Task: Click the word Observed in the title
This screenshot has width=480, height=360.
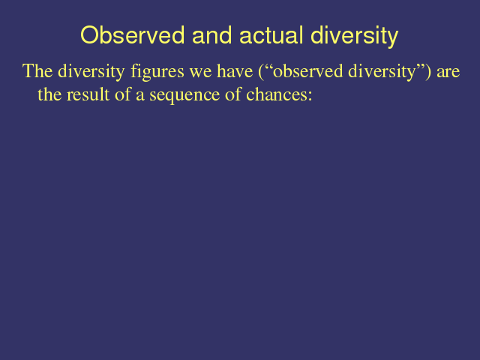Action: point(133,35)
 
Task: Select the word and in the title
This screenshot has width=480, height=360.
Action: point(211,35)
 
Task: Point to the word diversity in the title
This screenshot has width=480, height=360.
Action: point(355,37)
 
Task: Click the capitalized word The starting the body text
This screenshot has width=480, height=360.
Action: point(37,71)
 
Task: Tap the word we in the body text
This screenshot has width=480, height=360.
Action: point(200,73)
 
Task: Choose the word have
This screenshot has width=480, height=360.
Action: point(235,71)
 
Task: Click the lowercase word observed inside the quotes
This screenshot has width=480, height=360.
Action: point(307,71)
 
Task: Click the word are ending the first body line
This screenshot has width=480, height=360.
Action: point(448,73)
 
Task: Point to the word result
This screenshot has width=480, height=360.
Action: point(88,94)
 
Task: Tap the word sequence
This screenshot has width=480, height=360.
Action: point(184,96)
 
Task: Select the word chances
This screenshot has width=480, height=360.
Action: point(277,94)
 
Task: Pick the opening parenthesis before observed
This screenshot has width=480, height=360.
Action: point(261,72)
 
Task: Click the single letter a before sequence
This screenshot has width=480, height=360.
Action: point(140,97)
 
